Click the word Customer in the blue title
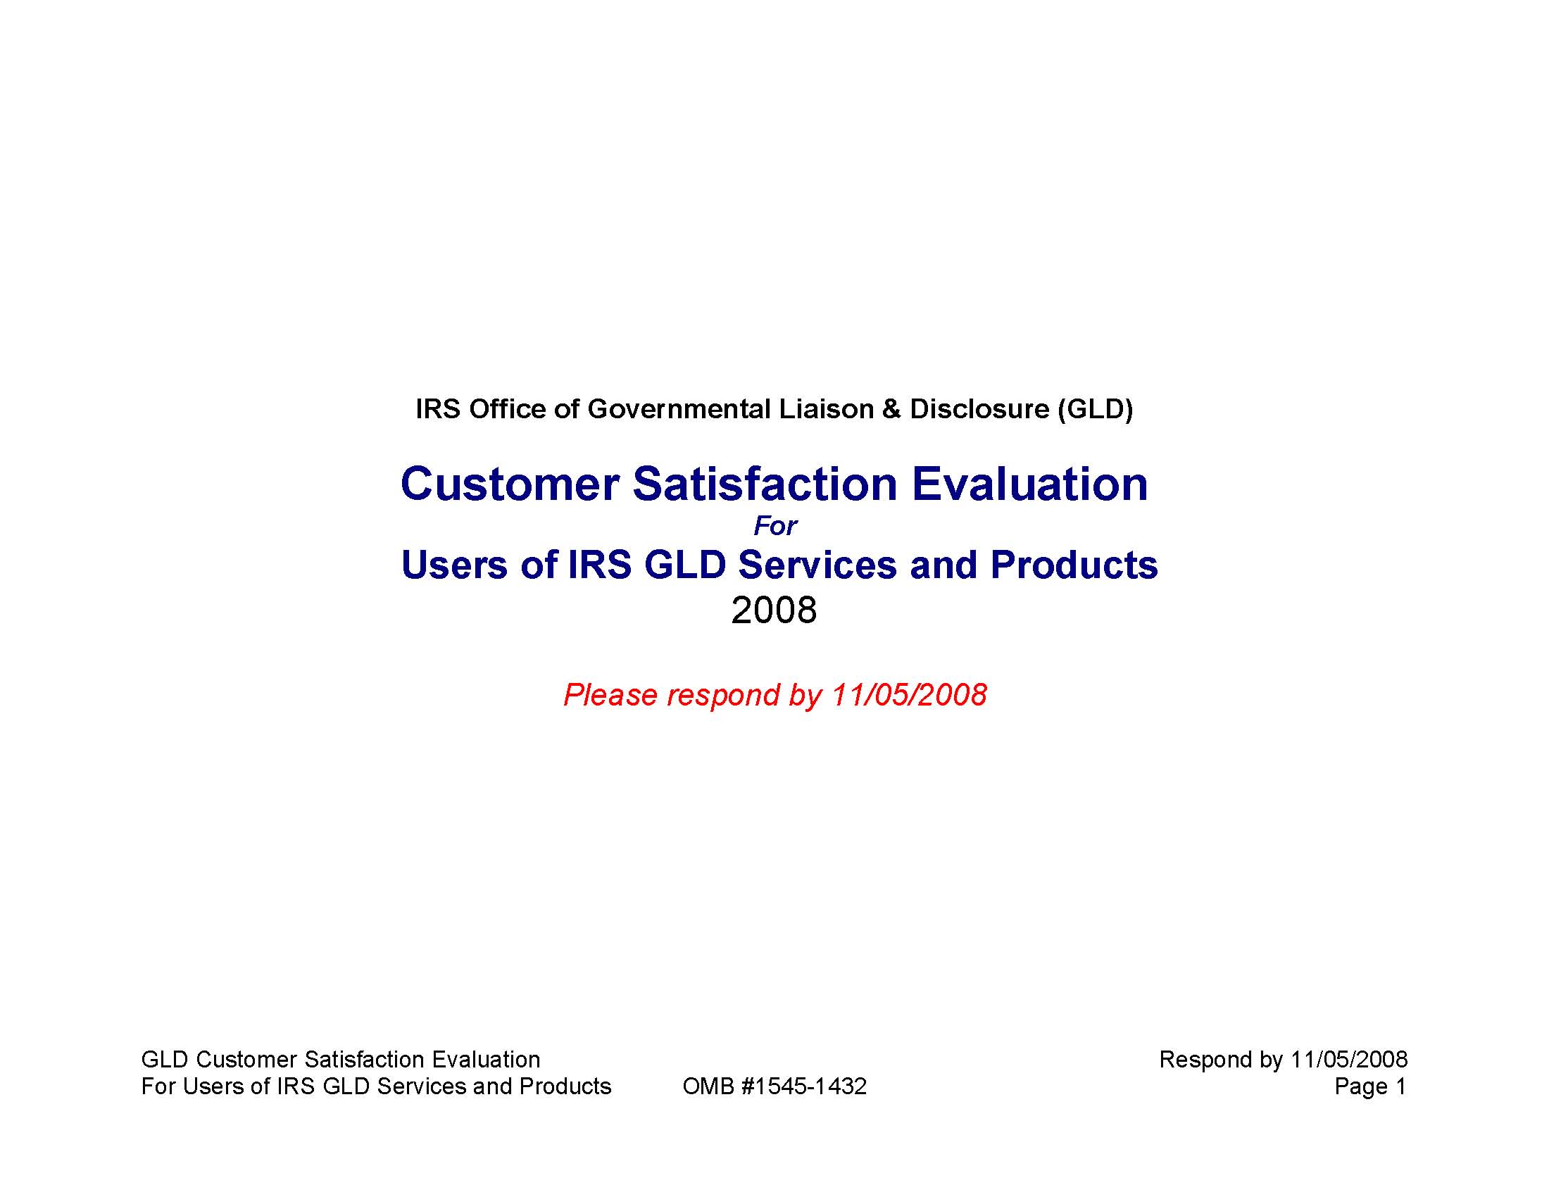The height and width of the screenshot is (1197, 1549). click(x=510, y=484)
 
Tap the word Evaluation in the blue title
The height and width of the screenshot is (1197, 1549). click(x=1029, y=484)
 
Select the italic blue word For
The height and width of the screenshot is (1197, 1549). click(x=775, y=526)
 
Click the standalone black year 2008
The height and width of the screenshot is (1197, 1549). click(x=774, y=610)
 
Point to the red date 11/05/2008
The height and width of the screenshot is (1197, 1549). click(x=908, y=694)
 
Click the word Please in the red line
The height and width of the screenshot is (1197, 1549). click(x=610, y=695)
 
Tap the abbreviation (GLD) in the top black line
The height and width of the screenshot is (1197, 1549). click(x=1094, y=409)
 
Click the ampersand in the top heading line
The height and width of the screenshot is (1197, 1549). click(x=891, y=409)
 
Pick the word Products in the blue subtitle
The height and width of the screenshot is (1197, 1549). click(x=1074, y=565)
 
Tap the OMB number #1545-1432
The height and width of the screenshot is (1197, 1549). click(x=803, y=1086)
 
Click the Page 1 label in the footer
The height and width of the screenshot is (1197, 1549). click(x=1370, y=1086)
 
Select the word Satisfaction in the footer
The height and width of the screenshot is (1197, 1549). click(x=365, y=1060)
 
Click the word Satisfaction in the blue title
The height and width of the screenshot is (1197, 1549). click(x=765, y=484)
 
